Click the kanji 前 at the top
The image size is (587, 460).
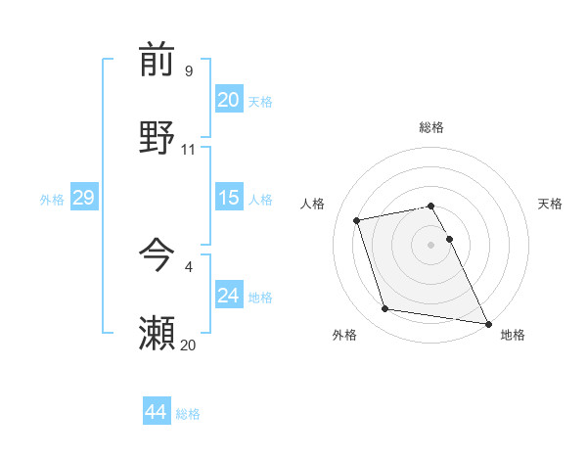(157, 61)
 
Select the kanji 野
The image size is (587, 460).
(157, 137)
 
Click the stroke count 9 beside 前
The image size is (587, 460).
(189, 71)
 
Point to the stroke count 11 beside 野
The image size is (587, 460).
(189, 149)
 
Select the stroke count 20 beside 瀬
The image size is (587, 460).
(189, 345)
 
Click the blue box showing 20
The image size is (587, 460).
(229, 100)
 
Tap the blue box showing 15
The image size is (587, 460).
(229, 198)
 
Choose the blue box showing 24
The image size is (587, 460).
(229, 295)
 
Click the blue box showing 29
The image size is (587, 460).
(83, 198)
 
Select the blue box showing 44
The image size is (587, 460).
(156, 412)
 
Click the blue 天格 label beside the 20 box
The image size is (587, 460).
(260, 102)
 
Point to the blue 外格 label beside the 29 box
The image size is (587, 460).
(52, 200)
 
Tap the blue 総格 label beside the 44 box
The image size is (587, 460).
(188, 414)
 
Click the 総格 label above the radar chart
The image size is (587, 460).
(431, 127)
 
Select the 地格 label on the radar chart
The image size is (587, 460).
(513, 336)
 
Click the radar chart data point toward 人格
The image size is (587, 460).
(357, 219)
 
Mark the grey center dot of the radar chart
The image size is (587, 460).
(431, 244)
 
